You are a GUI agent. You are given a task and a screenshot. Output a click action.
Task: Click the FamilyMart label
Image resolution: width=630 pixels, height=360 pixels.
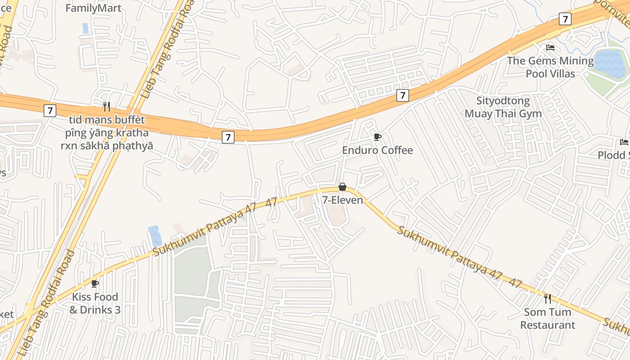click(x=94, y=8)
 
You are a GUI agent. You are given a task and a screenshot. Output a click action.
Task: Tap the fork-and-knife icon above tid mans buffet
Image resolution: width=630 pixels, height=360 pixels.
click(x=107, y=106)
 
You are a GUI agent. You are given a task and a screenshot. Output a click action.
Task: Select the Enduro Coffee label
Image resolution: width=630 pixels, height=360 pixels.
click(x=377, y=150)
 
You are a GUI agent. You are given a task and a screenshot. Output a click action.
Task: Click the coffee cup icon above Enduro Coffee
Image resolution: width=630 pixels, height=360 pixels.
click(x=377, y=137)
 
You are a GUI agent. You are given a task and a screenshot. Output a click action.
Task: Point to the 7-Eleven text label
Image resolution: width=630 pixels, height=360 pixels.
click(x=342, y=200)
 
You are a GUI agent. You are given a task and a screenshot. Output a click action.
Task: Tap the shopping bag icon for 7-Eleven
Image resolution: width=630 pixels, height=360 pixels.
click(x=342, y=187)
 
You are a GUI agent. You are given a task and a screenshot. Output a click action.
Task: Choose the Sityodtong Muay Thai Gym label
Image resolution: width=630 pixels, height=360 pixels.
click(x=503, y=107)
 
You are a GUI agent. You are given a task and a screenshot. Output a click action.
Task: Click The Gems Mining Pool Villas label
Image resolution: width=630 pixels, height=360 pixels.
click(x=550, y=67)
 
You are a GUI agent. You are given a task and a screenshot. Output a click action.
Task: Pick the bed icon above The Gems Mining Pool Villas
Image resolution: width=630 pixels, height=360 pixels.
click(x=550, y=47)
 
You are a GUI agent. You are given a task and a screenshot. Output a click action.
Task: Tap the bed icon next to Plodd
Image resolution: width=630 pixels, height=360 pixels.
click(x=624, y=142)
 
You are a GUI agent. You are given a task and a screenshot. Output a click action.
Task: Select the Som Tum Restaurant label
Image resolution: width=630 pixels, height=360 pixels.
click(x=548, y=319)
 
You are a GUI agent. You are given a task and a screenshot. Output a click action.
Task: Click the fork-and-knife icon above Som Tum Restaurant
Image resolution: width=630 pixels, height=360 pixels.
click(x=548, y=298)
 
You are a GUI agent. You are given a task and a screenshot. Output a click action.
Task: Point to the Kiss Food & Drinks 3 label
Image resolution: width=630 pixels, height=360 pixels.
click(x=95, y=303)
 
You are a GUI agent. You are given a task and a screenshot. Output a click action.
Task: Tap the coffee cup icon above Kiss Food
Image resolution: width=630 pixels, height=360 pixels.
click(x=95, y=283)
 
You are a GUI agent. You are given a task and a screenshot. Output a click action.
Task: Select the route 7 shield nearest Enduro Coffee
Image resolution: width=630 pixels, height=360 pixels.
click(x=402, y=95)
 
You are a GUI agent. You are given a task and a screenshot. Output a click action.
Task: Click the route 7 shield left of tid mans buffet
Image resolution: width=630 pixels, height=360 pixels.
click(x=50, y=110)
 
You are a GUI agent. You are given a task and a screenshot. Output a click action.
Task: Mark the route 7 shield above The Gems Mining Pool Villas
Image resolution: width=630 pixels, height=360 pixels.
click(x=565, y=19)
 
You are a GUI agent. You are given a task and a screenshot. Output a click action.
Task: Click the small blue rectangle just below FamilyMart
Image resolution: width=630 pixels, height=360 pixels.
click(x=85, y=28)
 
